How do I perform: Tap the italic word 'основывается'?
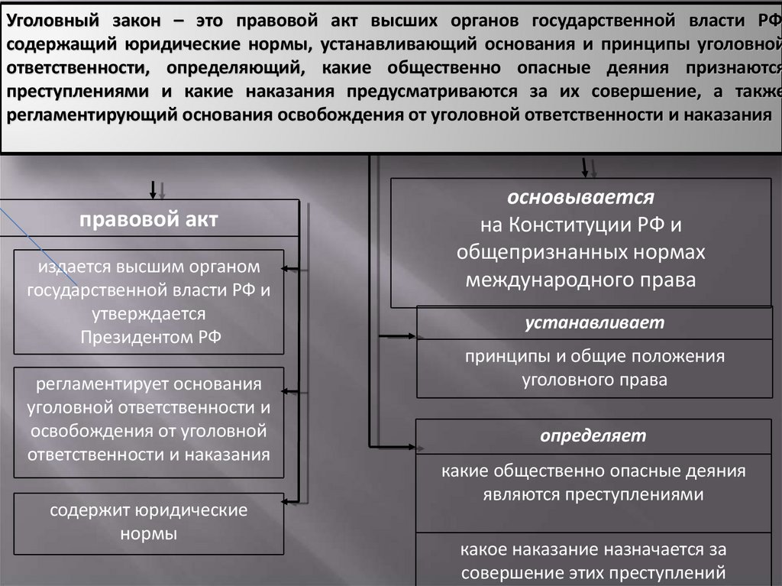point(580,197)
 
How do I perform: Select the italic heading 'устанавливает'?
point(594,322)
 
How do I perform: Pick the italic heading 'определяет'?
point(593,436)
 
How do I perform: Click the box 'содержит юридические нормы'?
point(148,522)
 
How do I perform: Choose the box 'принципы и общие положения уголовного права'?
point(594,367)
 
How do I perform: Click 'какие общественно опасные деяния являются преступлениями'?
point(593,482)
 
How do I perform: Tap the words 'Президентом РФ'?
point(148,336)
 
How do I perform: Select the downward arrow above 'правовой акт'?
point(153,189)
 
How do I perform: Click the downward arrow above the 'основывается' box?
point(585,167)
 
